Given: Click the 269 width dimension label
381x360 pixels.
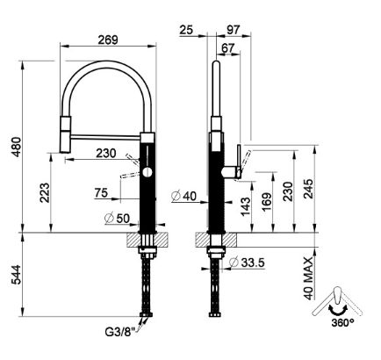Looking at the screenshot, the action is pos(108,40).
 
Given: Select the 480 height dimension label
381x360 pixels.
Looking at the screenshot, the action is pos(16,147).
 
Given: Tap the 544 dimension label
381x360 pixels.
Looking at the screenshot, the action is pos(16,275).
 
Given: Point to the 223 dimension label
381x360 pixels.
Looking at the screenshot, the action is pos(45,193).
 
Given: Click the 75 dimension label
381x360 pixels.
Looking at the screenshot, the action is pos(101,193).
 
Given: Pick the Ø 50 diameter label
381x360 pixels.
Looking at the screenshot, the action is pos(117,218).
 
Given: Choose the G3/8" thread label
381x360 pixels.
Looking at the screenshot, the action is pos(120,332).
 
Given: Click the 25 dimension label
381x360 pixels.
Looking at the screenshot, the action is pos(186,30).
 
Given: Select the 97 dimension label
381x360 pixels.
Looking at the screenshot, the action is pos(234,30).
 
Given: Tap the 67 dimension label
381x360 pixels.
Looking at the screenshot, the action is pos(228,48).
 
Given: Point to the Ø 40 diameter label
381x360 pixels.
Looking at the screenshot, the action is pos(184,196).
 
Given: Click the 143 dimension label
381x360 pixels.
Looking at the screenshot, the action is pos(246,206).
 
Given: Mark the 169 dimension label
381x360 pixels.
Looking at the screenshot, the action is pos(267,202).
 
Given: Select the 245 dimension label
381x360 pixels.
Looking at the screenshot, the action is pos(308,189).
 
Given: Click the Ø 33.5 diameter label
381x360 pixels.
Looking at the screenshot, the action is pos(247,263).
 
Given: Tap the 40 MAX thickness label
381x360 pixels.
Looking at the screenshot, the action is pos(308,278).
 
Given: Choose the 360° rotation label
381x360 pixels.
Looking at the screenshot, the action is pos(342,323).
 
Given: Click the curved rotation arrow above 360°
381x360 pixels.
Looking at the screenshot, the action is pos(337,312).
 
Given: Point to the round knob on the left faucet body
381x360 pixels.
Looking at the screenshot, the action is pos(147,172).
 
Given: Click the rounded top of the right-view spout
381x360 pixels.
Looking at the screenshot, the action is pos(216,63).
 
